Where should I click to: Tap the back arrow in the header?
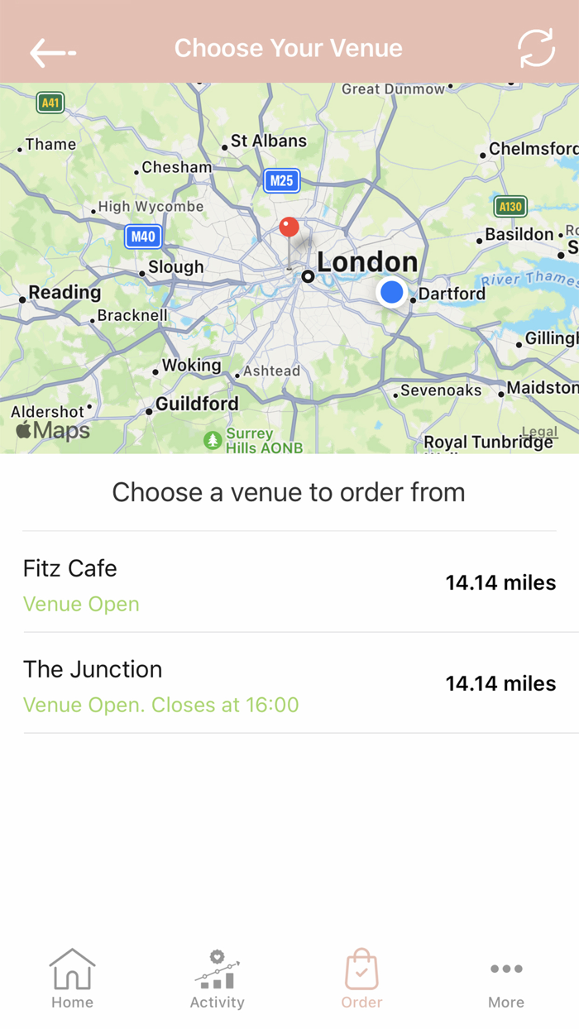click(52, 53)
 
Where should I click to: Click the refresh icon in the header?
click(536, 49)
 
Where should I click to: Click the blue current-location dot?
click(391, 292)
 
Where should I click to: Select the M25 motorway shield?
click(281, 180)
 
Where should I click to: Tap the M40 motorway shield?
click(142, 237)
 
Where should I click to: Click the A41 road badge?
click(50, 103)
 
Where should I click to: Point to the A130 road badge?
click(510, 206)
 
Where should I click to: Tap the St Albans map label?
click(268, 141)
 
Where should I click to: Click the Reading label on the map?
click(65, 293)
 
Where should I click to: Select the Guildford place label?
click(197, 404)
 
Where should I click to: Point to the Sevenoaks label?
click(441, 390)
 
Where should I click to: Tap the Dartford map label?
click(452, 294)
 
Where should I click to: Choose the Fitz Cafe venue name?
click(70, 568)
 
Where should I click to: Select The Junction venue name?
click(93, 669)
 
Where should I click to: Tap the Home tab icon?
click(72, 969)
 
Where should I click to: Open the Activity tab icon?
click(217, 969)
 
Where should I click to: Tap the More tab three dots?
click(506, 969)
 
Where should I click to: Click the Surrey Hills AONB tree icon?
click(213, 439)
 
